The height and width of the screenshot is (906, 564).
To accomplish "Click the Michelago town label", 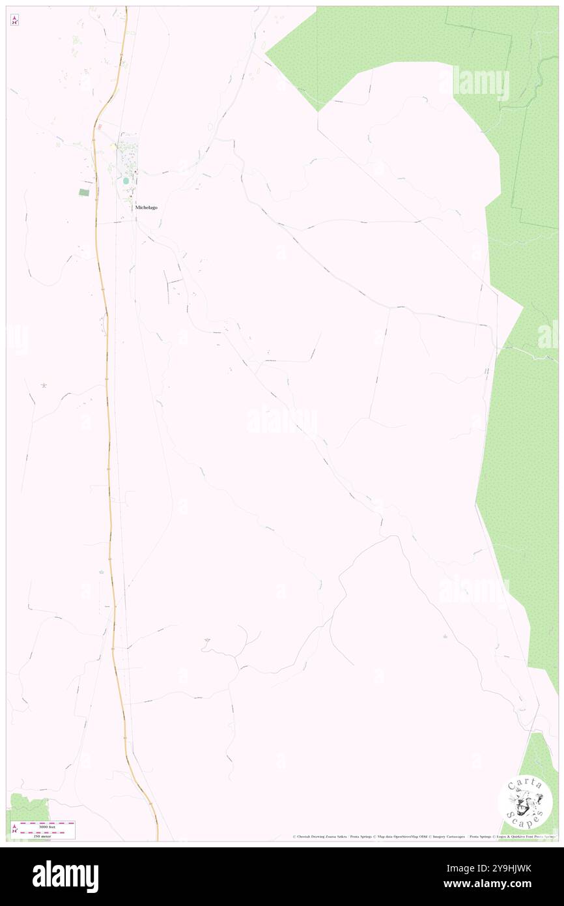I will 146,207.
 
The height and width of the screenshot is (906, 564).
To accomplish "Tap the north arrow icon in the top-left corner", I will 14,20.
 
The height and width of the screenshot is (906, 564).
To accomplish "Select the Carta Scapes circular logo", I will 525,803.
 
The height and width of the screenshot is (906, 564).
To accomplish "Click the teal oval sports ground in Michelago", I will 126,180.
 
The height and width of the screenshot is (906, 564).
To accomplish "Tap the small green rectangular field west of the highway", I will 83,192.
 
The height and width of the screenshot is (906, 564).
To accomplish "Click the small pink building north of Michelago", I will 100,126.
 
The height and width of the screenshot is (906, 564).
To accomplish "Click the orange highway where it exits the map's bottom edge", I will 157,838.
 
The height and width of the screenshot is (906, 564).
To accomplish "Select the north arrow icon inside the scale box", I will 15,830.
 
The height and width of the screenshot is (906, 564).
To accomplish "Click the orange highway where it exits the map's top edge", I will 126,8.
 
